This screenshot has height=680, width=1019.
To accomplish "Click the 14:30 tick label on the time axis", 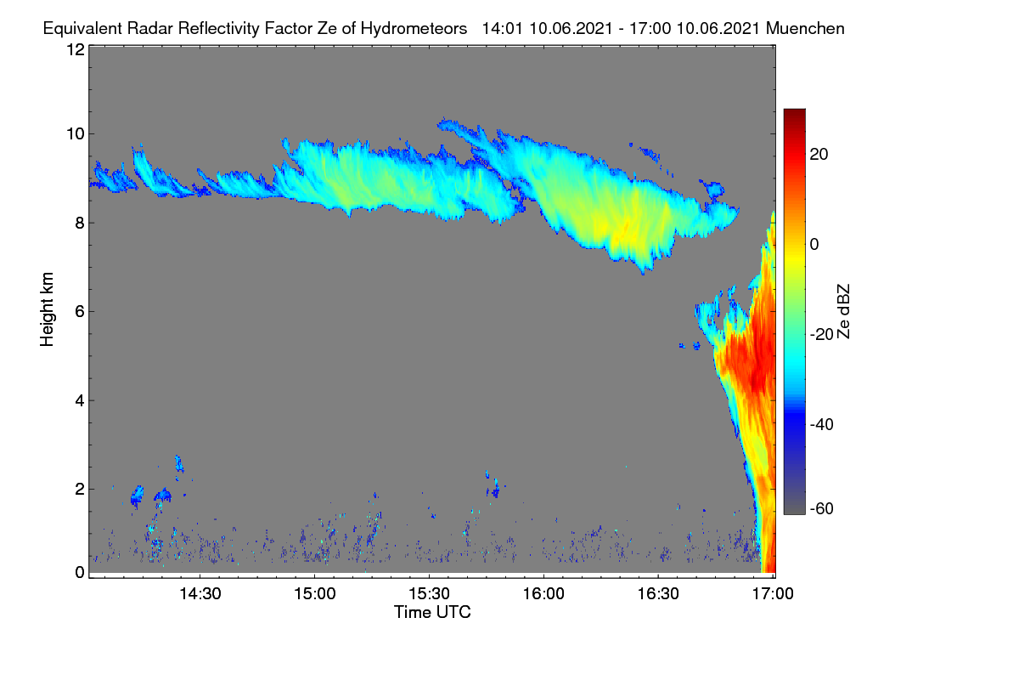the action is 200,594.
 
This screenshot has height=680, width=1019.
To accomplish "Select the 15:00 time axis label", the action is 315,594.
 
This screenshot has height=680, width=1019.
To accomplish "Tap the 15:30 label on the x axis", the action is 429,594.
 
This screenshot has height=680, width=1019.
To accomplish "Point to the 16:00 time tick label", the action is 543,594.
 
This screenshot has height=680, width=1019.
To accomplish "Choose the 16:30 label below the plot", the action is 658,594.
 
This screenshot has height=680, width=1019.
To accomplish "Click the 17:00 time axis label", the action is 773,594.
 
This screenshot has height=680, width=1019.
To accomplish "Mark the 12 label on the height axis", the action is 76,49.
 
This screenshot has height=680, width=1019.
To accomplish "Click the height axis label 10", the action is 76,134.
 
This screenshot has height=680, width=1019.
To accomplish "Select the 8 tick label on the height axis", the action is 80,224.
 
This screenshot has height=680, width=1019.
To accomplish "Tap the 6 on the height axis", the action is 80,312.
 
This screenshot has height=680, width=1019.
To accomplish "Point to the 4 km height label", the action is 80,401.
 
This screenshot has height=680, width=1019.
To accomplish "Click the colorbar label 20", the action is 819,155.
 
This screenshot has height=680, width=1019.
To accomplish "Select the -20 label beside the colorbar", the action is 822,334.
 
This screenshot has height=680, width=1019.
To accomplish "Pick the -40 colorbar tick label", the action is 822,424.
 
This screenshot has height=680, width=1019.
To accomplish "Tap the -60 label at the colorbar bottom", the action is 822,509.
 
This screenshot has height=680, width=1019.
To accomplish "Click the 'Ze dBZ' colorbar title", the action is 843,312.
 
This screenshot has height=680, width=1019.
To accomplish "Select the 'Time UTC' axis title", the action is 432,612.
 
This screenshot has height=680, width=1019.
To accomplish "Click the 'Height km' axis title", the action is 47,309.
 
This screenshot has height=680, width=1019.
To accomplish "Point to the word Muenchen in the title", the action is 805,29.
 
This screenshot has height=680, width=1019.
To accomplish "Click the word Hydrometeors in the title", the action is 414,29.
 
